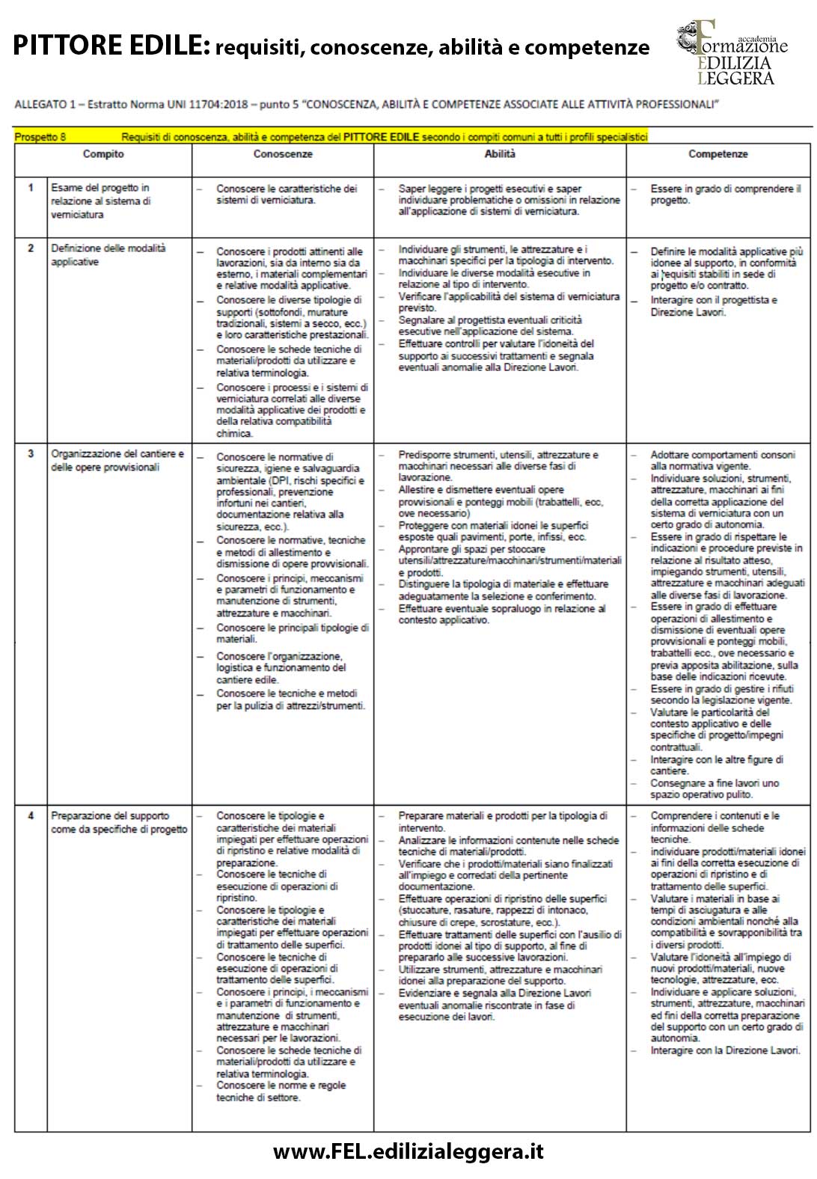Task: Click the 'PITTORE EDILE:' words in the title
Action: click(x=111, y=46)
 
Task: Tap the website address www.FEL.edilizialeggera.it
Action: click(x=408, y=1151)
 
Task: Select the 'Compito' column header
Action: click(x=103, y=154)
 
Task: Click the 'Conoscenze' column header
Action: click(x=283, y=154)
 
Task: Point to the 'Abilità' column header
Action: click(x=500, y=154)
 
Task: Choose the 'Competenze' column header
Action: click(x=718, y=154)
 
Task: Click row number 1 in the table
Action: click(x=31, y=188)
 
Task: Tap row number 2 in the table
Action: click(x=31, y=248)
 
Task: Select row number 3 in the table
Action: click(x=31, y=453)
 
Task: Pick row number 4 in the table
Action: click(x=31, y=815)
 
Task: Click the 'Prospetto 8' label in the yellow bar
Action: click(x=40, y=137)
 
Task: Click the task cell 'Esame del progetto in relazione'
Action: click(x=100, y=200)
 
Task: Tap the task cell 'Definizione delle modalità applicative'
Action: click(x=108, y=254)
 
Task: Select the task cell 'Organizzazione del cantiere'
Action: click(x=117, y=460)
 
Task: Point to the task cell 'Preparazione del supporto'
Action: click(x=118, y=822)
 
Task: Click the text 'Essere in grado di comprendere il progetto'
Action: click(x=724, y=195)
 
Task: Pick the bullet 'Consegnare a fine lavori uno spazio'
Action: click(x=714, y=788)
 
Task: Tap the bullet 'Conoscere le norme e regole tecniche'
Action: click(x=281, y=1091)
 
